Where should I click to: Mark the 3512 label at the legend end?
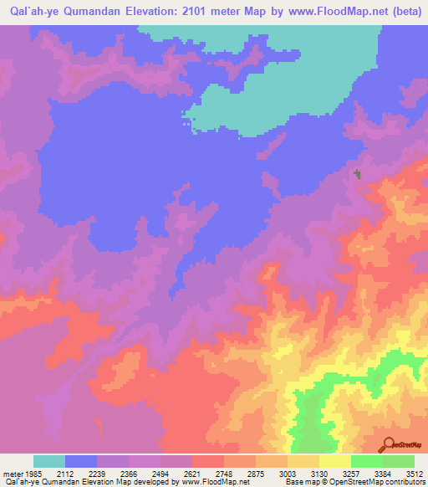[x=415, y=473]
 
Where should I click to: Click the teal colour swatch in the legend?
[x=49, y=461]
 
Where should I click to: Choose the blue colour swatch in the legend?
[x=81, y=461]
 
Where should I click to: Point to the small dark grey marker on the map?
[x=359, y=174]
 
